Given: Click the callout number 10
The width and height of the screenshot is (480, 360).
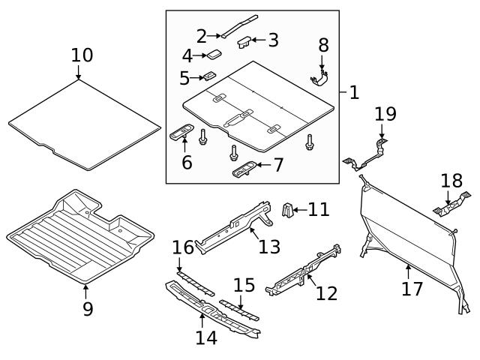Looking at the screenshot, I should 82,55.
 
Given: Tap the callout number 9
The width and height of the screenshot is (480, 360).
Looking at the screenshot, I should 88,308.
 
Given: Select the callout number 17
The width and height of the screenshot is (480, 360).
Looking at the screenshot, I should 412,289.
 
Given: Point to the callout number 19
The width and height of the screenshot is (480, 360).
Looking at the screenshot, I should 385,114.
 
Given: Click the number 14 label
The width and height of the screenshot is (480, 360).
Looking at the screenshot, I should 206,337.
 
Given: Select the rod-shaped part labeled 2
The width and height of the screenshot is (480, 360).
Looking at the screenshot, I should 238,24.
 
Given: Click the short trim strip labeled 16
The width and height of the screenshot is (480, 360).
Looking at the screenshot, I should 194,283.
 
